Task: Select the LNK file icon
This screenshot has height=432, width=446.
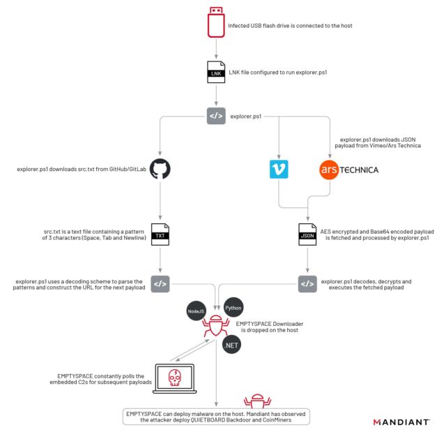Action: [216, 72]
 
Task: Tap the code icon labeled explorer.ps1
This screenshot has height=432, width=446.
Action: [216, 116]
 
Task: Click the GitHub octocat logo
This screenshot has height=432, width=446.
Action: [160, 170]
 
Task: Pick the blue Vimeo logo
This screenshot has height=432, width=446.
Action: [279, 170]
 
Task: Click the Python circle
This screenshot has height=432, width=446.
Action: [233, 307]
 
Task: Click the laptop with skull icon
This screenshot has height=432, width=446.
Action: [174, 378]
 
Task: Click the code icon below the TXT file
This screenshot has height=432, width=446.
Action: [160, 283]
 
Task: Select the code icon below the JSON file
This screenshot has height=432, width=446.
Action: [307, 283]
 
